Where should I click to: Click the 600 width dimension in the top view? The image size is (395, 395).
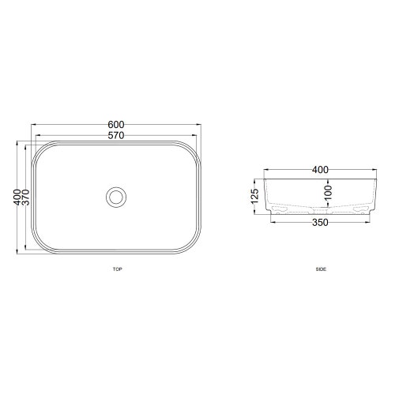[x=116, y=124]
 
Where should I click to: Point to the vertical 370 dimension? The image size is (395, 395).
[x=26, y=197]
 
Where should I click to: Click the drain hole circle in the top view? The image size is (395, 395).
[x=116, y=196]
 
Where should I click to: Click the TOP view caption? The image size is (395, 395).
[x=117, y=269]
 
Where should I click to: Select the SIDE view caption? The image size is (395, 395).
[x=321, y=269]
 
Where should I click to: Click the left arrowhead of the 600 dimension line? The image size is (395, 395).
[x=32, y=128]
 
